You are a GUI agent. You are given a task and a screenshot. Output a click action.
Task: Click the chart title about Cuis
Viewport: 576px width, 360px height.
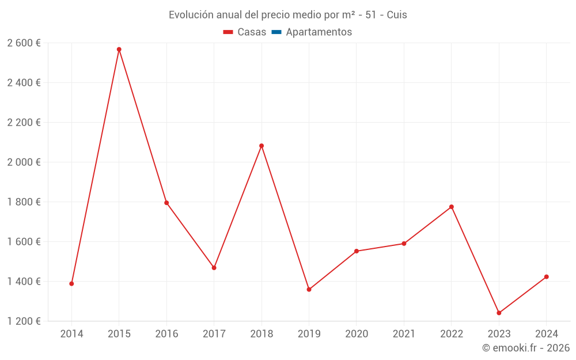[x=287, y=15]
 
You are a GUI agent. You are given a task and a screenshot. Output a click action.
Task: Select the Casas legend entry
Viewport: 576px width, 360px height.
[x=245, y=32]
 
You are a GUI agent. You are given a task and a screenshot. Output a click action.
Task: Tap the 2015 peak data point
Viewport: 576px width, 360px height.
[x=119, y=50]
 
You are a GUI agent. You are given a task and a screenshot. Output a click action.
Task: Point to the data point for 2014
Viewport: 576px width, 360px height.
[x=71, y=283]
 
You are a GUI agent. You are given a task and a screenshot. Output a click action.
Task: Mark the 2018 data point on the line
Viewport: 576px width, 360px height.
[x=262, y=146]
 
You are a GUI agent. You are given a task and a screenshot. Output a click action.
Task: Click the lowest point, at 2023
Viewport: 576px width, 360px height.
[x=499, y=313]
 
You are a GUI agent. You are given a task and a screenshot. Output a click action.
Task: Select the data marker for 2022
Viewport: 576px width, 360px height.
[x=452, y=207]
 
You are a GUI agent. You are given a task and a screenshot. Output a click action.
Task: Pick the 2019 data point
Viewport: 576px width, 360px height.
[x=309, y=289]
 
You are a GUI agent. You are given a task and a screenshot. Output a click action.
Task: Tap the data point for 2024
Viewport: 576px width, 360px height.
[x=547, y=277]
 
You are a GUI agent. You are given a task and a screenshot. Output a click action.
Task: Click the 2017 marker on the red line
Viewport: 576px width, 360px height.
[x=214, y=268]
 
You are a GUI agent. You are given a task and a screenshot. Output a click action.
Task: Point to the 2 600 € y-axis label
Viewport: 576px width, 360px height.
[x=24, y=43]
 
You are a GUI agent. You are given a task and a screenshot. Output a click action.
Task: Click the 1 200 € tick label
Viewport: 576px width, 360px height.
[x=24, y=321]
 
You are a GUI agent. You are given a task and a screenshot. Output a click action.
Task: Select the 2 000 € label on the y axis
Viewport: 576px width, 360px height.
[x=24, y=162]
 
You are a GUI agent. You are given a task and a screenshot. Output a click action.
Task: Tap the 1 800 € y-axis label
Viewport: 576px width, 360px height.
[x=24, y=202]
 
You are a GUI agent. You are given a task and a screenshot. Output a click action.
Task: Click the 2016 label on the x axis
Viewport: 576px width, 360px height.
[x=166, y=334]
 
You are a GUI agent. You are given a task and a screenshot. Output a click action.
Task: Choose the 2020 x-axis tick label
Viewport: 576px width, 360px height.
[x=357, y=334]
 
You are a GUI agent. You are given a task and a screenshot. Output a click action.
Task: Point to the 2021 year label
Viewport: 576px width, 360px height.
[x=404, y=334]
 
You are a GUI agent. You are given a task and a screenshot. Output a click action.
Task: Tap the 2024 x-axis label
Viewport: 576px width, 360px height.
[x=547, y=334]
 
